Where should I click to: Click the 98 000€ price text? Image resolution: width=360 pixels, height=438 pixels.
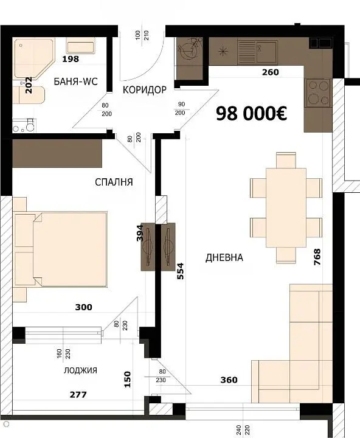tap(251, 114)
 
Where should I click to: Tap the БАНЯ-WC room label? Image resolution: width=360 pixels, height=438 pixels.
tap(75, 82)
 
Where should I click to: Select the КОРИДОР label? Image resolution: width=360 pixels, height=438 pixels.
tap(144, 89)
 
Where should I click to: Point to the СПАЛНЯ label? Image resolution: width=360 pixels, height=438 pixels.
tap(114, 182)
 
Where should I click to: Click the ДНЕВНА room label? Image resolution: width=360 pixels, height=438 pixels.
tap(224, 257)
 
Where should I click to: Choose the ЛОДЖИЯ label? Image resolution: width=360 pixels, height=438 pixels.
tap(80, 370)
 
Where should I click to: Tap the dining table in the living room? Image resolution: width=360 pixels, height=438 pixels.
tap(286, 207)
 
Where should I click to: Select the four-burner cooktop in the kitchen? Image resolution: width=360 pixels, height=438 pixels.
tap(319, 92)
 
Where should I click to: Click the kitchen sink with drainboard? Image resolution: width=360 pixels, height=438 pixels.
tap(257, 51)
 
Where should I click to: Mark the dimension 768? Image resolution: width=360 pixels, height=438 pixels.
tap(317, 257)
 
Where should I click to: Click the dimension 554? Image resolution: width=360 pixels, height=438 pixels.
tap(181, 271)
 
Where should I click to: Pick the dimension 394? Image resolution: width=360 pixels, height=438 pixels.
tap(140, 233)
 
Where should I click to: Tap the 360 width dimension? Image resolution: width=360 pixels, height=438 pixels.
tap(229, 380)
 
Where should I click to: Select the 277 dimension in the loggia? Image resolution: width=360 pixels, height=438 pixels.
tap(78, 395)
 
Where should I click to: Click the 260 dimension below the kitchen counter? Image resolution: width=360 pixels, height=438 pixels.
tap(271, 72)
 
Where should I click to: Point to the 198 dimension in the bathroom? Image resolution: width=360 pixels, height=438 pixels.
tap(71, 59)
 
